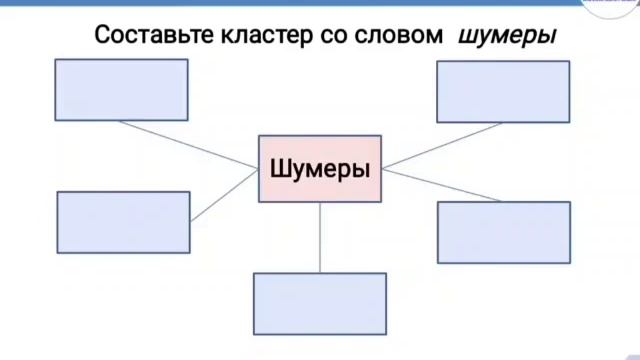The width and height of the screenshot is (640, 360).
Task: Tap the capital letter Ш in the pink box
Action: (279, 169)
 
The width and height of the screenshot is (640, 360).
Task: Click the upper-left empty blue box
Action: (122, 90)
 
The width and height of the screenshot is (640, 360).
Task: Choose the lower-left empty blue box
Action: (123, 222)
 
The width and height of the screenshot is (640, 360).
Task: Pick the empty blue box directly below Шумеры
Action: (320, 303)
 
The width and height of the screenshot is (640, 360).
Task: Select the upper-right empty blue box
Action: (503, 91)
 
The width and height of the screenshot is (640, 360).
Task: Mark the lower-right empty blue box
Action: (503, 232)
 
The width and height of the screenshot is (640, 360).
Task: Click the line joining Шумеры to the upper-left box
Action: (190, 146)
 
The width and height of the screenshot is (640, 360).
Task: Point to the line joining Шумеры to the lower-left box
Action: (225, 195)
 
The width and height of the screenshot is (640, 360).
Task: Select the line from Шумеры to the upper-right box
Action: (440, 146)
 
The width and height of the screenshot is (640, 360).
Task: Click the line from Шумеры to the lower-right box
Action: (440, 185)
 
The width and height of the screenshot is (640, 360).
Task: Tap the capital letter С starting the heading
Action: (102, 36)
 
